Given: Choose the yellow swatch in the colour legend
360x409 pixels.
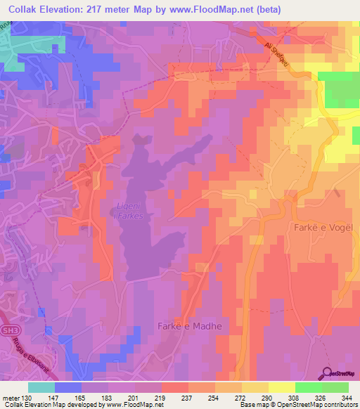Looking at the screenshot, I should coord(281,387).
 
